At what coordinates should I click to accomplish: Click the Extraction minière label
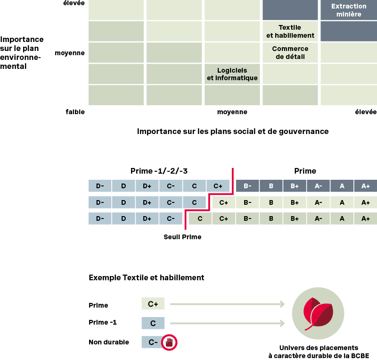pos(349,10)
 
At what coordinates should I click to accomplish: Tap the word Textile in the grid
pos(290,27)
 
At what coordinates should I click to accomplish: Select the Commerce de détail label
pos(290,52)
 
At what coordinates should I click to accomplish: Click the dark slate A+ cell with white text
pos(365,186)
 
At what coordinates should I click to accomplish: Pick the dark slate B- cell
pos(247,186)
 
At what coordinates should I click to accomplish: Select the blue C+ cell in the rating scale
pos(218,186)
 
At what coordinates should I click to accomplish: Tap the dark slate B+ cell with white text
pos(295,186)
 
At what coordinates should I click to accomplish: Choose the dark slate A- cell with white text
pos(318,186)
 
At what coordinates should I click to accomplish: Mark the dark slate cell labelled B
pos(271,186)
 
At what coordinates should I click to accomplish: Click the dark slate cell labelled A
pos(342,186)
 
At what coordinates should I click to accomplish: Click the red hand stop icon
pos(169,342)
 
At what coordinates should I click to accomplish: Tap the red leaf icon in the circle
pos(318,313)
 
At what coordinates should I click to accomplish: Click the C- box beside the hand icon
pos(152,342)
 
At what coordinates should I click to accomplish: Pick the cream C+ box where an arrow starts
pos(153,304)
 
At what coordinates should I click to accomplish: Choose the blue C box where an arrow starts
pos(153,323)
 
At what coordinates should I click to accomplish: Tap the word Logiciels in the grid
pos(232,70)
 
